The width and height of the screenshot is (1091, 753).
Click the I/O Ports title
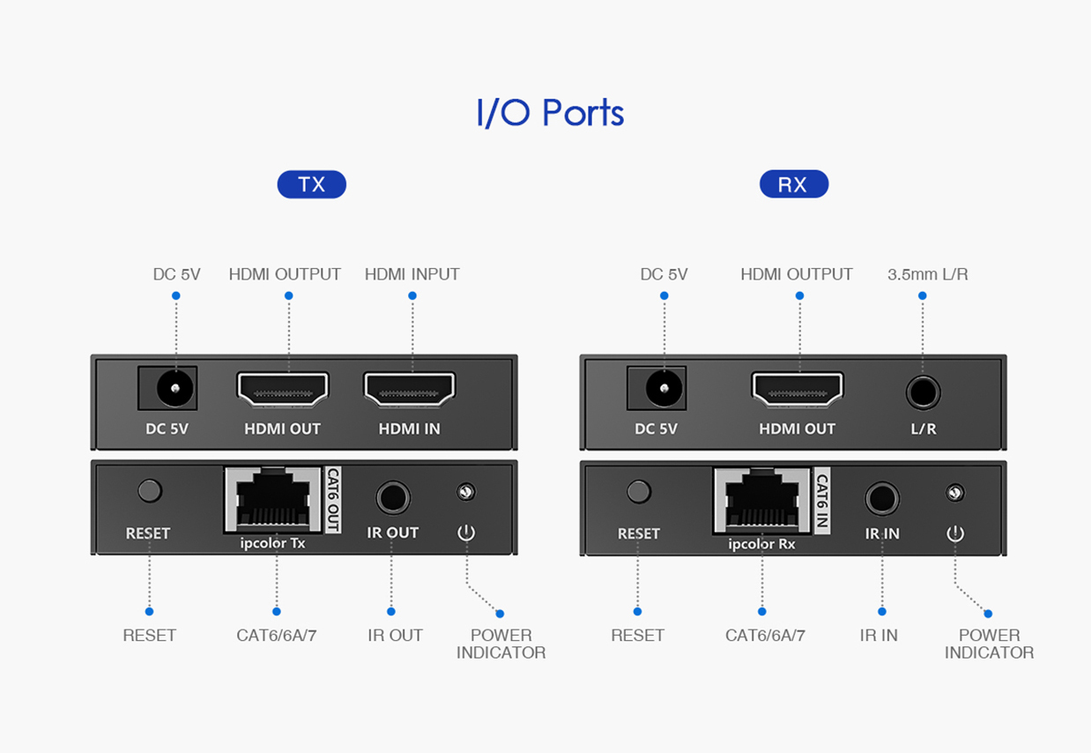click(x=550, y=113)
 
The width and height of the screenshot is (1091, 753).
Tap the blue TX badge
click(x=311, y=184)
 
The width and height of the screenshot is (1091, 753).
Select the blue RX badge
click(x=793, y=184)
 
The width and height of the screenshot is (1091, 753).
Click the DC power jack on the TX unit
click(x=174, y=389)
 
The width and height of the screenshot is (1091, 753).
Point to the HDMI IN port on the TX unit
click(x=410, y=389)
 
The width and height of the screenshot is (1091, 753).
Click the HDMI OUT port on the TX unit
click(x=282, y=389)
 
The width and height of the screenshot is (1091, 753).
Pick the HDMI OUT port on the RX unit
click(x=797, y=389)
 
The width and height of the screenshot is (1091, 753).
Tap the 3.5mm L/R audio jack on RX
click(x=923, y=391)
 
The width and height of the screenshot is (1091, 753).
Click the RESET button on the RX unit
click(x=638, y=492)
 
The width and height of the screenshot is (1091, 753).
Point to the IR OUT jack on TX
click(x=393, y=498)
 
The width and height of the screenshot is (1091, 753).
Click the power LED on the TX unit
click(x=466, y=492)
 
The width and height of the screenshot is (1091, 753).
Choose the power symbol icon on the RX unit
click(x=955, y=533)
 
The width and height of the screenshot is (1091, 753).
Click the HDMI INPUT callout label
click(x=412, y=274)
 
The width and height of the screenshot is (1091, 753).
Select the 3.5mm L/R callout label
click(x=927, y=274)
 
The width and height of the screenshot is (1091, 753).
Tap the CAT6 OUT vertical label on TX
click(x=333, y=500)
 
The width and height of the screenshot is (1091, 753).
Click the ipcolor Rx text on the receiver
click(x=761, y=544)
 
